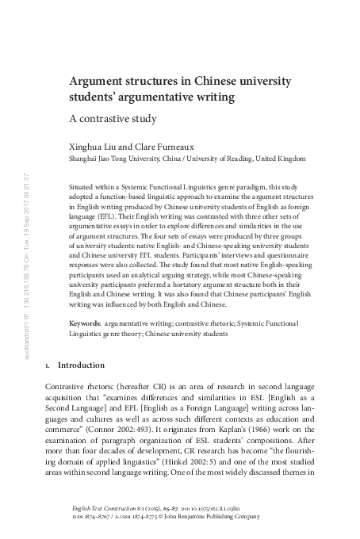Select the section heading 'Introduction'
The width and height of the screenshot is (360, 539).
pos(82,365)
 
